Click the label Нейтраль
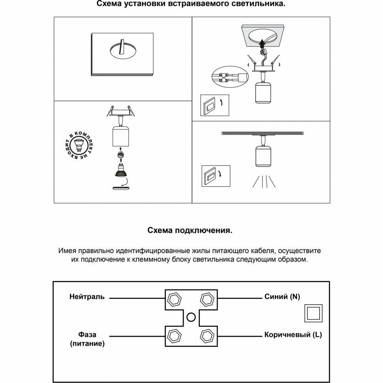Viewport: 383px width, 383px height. tap(87, 297)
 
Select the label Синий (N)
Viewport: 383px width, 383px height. tap(282, 297)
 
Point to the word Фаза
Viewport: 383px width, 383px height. tap(87, 335)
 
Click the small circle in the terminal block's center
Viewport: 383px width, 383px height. tap(191, 316)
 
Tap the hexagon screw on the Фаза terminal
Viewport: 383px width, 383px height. tap(174, 336)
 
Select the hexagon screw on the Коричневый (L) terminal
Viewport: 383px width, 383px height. tap(207, 336)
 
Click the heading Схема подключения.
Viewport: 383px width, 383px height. tap(190, 231)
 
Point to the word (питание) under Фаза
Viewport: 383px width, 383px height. tap(87, 344)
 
